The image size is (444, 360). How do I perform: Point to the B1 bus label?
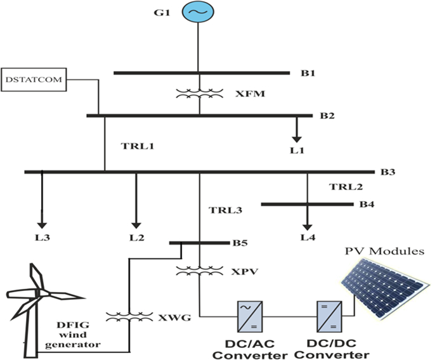pyautogui.click(x=308, y=74)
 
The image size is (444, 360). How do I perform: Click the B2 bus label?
pyautogui.click(x=327, y=116)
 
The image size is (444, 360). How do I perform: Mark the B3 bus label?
pyautogui.click(x=388, y=172)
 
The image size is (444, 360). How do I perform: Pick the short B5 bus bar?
pyautogui.click(x=200, y=242)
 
